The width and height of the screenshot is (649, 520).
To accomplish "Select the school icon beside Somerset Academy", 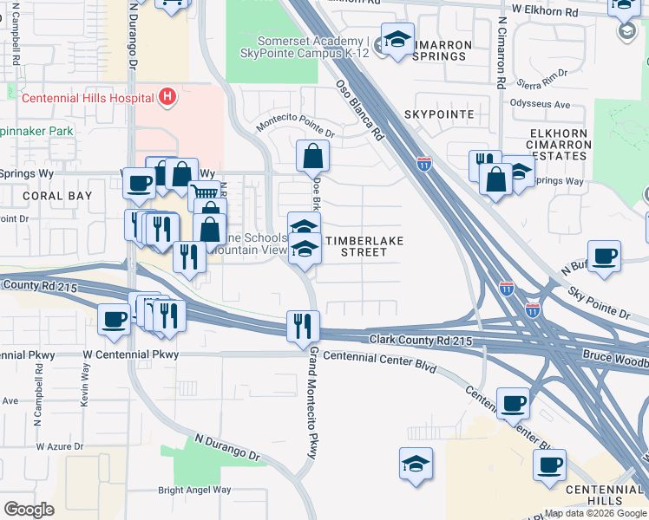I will click(397, 41).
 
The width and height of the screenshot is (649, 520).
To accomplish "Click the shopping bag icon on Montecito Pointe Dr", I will click(312, 157).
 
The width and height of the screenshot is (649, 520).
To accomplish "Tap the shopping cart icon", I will click(204, 195).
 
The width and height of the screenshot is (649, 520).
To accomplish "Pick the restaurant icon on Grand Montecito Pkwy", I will click(303, 327).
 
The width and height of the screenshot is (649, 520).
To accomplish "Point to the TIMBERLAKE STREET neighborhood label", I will click(355, 244).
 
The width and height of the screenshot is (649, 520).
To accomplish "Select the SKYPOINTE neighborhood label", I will click(439, 114).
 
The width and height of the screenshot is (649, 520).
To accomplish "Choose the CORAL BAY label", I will click(59, 197).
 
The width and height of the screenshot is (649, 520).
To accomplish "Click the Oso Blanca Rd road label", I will click(360, 111).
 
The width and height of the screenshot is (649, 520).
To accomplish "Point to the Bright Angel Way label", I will click(194, 490).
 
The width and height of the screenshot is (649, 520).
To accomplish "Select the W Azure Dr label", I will click(60, 447).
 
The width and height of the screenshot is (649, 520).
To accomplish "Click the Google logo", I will click(29, 509).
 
